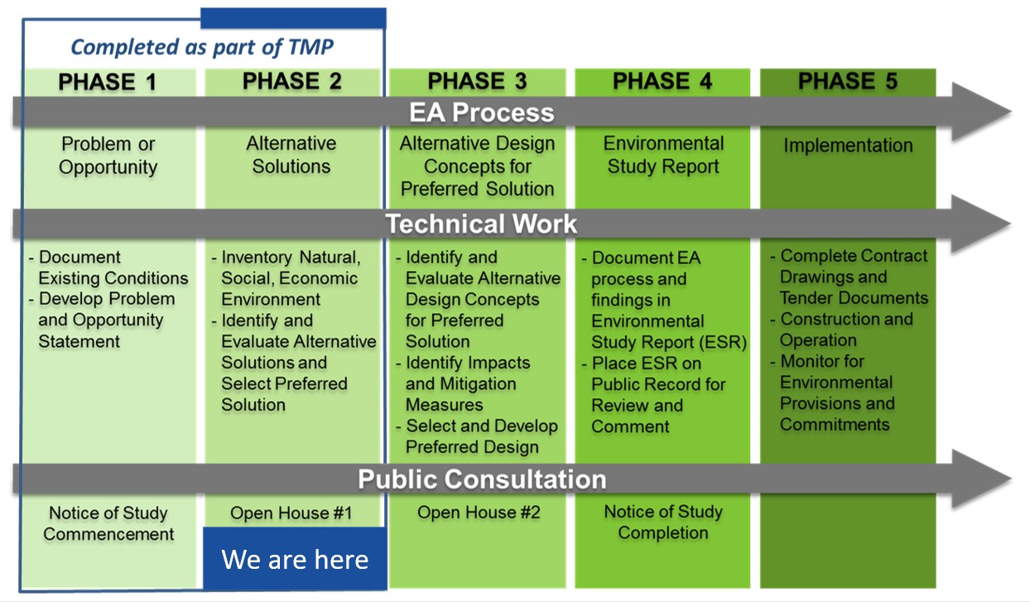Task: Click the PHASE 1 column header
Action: point(108,82)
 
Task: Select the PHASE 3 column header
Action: point(477,82)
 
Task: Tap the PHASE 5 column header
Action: point(847,82)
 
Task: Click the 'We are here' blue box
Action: point(295,559)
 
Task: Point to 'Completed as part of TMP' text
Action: point(202,47)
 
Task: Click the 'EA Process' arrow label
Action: point(482,112)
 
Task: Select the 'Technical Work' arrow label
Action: point(482,224)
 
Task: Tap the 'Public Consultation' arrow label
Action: point(482,479)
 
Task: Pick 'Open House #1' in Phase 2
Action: point(291,513)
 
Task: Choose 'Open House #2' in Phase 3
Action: point(479,513)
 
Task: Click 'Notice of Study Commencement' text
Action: point(108,523)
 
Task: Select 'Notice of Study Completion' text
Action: point(663,523)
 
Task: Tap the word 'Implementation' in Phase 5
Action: point(848,146)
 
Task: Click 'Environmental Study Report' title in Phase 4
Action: point(663,155)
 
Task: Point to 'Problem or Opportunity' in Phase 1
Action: point(108,155)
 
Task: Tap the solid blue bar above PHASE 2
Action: point(293,18)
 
